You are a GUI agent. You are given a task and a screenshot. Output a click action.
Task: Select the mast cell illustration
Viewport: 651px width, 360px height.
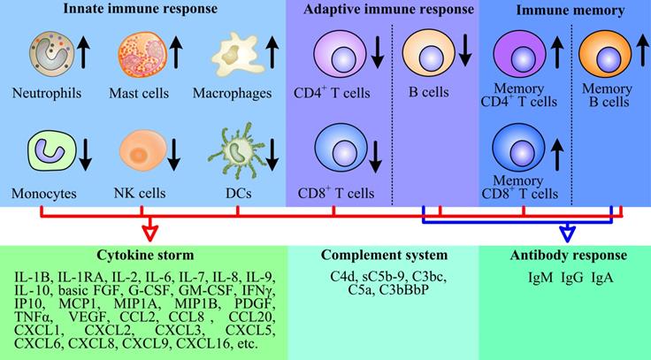pos(137,55)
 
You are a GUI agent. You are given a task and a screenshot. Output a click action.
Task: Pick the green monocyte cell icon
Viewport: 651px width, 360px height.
pos(43,148)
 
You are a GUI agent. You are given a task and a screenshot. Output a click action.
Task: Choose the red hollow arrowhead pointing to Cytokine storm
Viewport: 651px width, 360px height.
pos(149,232)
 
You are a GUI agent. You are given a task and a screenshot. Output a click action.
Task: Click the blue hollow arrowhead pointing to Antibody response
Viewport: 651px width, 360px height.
pos(567,233)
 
